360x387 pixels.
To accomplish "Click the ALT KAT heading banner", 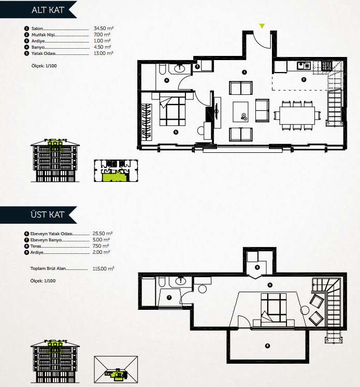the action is (x=38, y=10).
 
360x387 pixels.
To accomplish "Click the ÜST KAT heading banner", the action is (x=38, y=214).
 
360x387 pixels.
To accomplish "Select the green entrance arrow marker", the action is (x=262, y=26).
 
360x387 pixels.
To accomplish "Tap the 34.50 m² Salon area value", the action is (x=104, y=28).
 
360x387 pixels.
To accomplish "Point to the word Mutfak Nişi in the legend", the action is (x=43, y=35).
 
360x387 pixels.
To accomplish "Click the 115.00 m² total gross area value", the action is (x=104, y=268).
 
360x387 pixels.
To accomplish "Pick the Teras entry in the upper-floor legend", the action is (x=36, y=246).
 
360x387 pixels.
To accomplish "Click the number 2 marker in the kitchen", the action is (x=304, y=79).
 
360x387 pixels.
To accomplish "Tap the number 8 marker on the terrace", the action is (x=267, y=346).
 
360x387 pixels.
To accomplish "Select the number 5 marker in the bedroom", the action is (x=176, y=132).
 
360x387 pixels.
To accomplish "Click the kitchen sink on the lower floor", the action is (x=304, y=66).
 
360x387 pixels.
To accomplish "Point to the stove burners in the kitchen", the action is (x=327, y=66).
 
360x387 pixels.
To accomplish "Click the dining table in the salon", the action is (x=297, y=115).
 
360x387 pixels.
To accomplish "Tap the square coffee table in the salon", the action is (x=240, y=112).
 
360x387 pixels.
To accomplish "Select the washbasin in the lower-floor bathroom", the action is (x=180, y=68).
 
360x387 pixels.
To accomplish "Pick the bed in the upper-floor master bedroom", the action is (x=273, y=308).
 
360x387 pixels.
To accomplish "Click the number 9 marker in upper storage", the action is (x=257, y=267).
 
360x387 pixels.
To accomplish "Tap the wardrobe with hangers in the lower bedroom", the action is (x=147, y=122).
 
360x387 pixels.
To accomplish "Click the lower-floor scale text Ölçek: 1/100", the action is (x=44, y=66).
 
